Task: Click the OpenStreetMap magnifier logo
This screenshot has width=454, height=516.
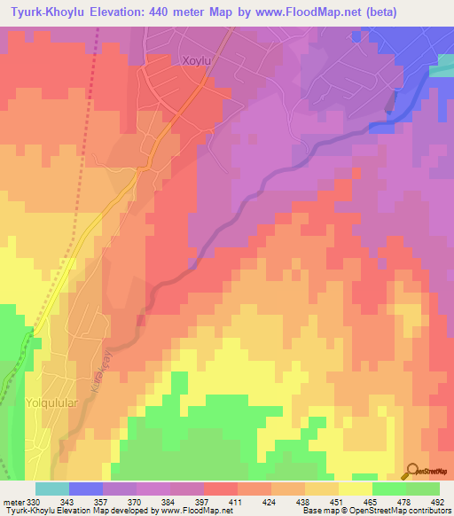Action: click(x=411, y=470)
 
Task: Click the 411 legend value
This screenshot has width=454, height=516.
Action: click(x=237, y=503)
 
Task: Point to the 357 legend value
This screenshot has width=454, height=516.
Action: click(x=102, y=503)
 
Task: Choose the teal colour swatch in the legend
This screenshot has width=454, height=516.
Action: click(x=51, y=489)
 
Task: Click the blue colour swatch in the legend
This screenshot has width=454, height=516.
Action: click(x=85, y=489)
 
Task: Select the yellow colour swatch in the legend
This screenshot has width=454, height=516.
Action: click(x=355, y=489)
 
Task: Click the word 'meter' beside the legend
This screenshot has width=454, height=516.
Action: click(x=12, y=503)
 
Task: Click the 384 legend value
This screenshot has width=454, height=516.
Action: click(x=169, y=503)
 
